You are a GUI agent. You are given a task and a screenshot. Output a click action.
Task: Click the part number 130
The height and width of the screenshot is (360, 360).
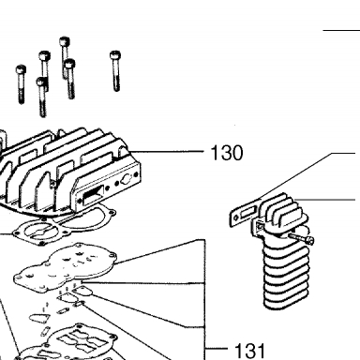[x=227, y=153]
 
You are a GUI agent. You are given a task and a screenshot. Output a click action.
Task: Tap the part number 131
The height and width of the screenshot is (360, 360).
[x=249, y=351]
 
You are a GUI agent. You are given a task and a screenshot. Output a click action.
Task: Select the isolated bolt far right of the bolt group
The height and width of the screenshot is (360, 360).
[x=115, y=70]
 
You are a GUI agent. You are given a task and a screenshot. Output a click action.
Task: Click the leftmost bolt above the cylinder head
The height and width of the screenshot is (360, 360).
[x=21, y=84]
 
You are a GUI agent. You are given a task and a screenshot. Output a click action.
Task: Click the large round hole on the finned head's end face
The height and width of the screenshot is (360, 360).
[x=127, y=179]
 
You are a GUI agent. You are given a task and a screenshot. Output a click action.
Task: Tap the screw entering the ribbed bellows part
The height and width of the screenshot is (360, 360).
[x=301, y=239]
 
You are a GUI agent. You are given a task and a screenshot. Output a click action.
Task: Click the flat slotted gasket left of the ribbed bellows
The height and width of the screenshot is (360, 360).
[x=246, y=213]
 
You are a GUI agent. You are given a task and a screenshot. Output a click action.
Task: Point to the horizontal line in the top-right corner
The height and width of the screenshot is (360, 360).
[x=341, y=31]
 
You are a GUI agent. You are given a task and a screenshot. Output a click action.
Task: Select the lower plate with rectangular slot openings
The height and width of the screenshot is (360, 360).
[x=72, y=342]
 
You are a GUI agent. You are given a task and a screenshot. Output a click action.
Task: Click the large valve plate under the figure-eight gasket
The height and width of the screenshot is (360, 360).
[x=64, y=267]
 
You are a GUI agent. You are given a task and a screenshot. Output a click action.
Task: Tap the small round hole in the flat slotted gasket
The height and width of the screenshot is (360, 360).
[x=237, y=217]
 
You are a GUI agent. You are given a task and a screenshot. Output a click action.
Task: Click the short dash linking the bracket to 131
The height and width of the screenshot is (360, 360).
[x=217, y=349]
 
